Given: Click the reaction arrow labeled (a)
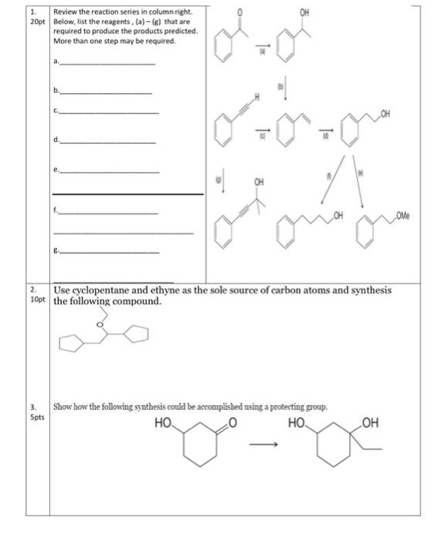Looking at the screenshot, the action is click(262, 46).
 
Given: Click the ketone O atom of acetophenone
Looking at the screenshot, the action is click(239, 13).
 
